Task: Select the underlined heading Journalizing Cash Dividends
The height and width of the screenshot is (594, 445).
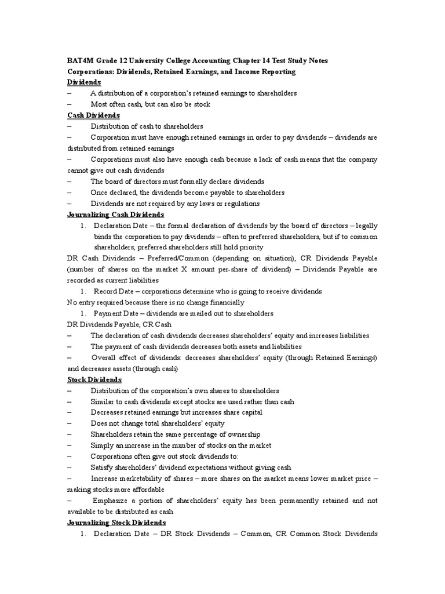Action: click(115, 215)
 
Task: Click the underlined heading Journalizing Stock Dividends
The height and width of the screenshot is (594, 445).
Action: click(115, 523)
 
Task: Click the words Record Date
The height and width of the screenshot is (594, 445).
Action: click(113, 291)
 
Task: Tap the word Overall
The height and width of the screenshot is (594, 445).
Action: click(104, 357)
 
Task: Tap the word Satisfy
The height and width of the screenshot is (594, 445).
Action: click(102, 468)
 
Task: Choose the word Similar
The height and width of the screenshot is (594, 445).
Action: click(103, 401)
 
